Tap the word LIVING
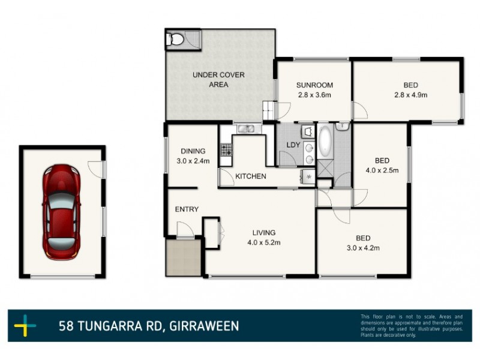tap(264, 232)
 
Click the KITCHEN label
tap(250, 176)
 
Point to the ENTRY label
tap(187, 209)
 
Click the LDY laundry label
tap(293, 145)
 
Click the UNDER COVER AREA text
tap(214, 80)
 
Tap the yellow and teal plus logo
tap(25, 326)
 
